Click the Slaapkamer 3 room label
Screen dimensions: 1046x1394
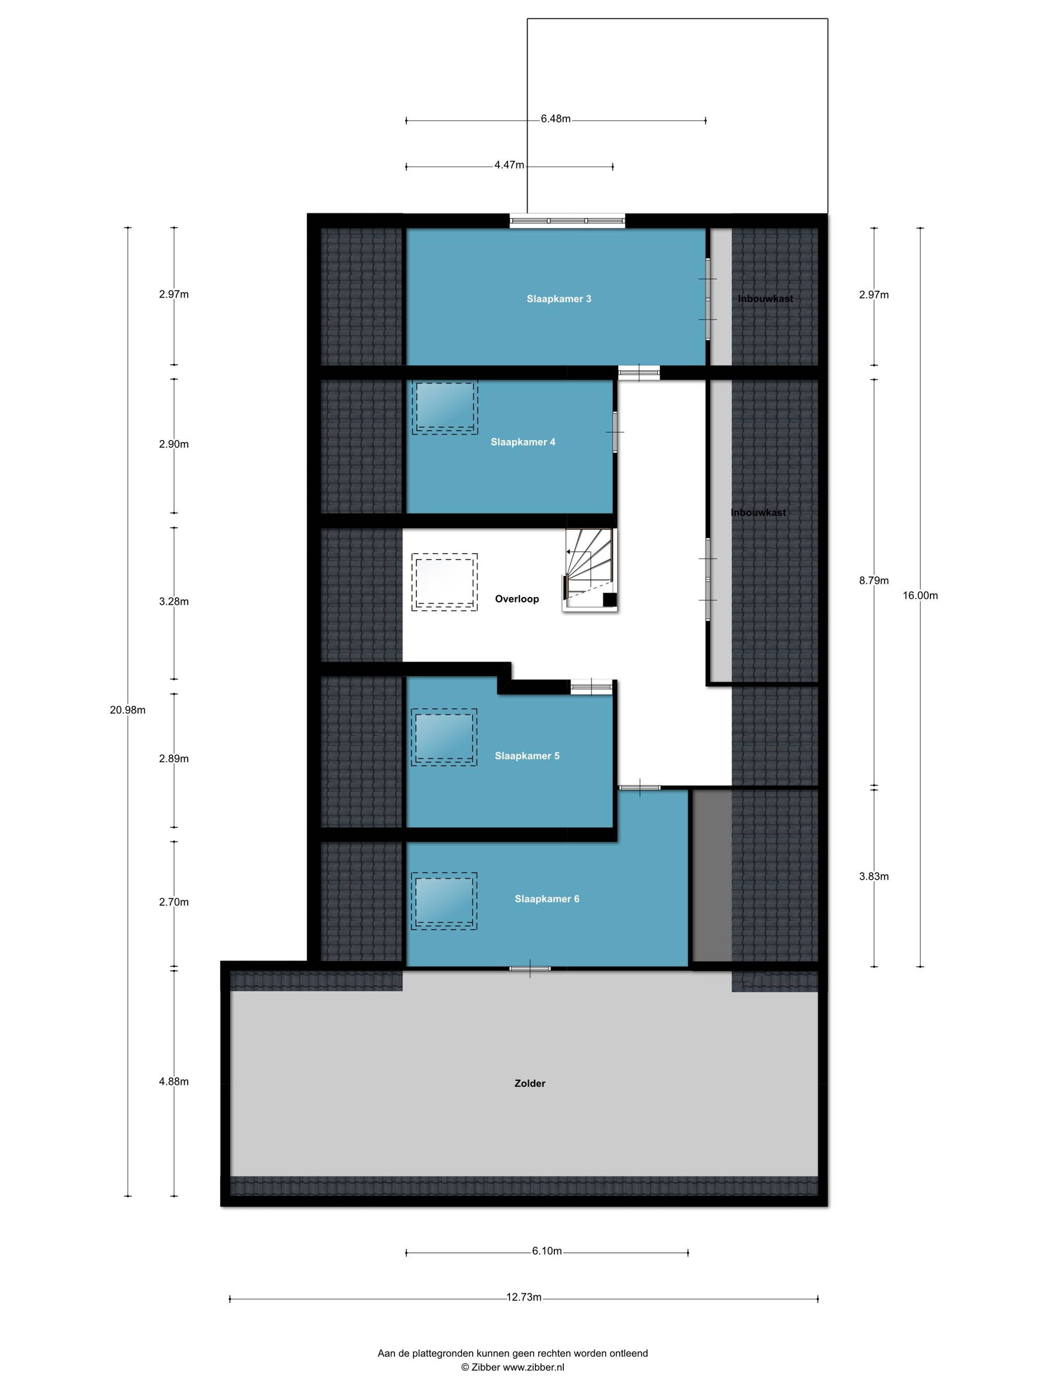pyautogui.click(x=559, y=299)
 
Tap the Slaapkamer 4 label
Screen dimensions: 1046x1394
pyautogui.click(x=522, y=442)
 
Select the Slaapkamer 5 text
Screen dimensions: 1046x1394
pyautogui.click(x=527, y=756)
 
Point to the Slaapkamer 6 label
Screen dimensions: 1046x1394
pyautogui.click(x=547, y=898)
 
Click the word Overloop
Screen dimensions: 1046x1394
pyautogui.click(x=516, y=598)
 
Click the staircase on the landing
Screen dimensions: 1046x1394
pyautogui.click(x=589, y=570)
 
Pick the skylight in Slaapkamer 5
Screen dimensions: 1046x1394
pyautogui.click(x=444, y=738)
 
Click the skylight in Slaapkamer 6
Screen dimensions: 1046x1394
pyautogui.click(x=444, y=901)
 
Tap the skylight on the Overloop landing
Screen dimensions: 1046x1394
pyautogui.click(x=444, y=582)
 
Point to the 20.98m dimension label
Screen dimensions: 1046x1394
pyautogui.click(x=128, y=710)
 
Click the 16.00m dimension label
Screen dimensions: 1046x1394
pyautogui.click(x=920, y=595)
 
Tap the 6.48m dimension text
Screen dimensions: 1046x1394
pyautogui.click(x=555, y=119)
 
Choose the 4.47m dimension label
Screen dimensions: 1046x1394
pyautogui.click(x=509, y=165)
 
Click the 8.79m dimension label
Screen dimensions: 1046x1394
pyautogui.click(x=874, y=580)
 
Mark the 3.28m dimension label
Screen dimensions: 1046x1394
pyautogui.click(x=174, y=601)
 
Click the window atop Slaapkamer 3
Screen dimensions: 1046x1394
pyautogui.click(x=567, y=221)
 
